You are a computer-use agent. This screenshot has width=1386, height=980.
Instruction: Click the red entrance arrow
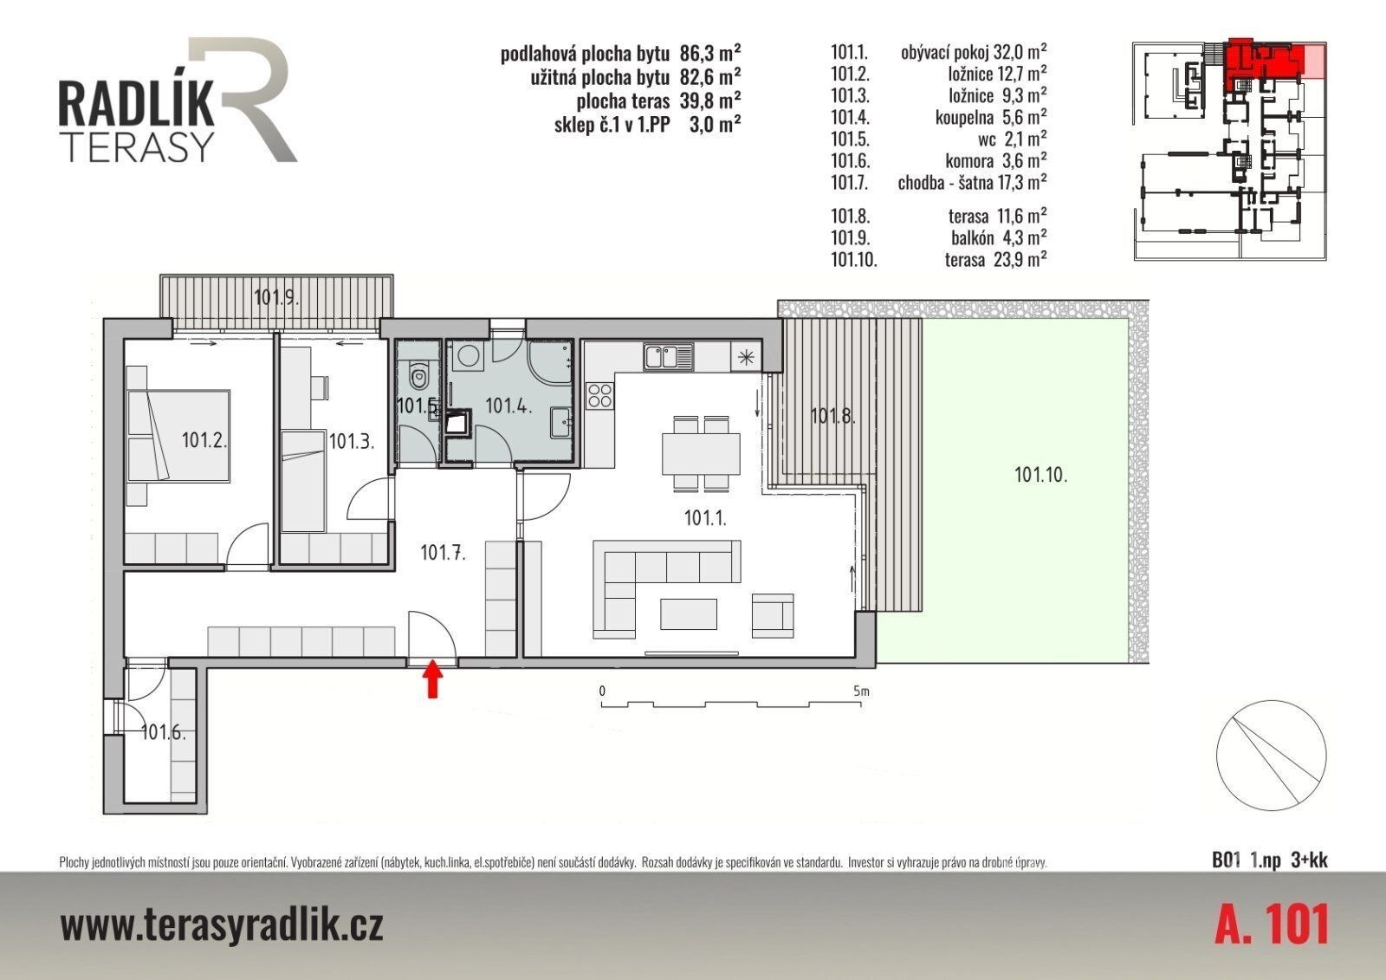click(433, 679)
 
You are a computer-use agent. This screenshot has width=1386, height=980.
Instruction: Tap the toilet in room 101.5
click(419, 374)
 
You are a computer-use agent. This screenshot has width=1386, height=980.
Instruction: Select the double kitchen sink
click(668, 357)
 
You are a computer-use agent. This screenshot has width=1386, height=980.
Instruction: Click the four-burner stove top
click(599, 396)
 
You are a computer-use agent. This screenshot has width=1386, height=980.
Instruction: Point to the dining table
click(701, 454)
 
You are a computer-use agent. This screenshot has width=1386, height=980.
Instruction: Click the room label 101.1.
click(705, 517)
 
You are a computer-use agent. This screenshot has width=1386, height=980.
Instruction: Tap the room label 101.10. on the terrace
click(1041, 475)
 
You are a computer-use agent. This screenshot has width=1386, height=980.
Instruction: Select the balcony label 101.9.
click(276, 298)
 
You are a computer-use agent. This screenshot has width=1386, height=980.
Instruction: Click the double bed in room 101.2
click(178, 436)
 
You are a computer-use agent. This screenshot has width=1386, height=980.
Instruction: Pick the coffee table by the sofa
click(689, 613)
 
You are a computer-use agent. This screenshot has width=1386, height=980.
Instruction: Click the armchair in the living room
click(773, 615)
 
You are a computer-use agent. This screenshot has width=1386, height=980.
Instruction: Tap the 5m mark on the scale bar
click(861, 691)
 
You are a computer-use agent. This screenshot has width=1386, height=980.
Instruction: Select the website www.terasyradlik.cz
click(222, 925)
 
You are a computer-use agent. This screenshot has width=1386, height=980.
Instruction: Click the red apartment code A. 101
click(1272, 924)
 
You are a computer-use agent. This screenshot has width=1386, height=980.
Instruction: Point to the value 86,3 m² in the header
click(710, 53)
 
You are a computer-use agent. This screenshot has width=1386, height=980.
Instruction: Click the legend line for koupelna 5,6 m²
click(939, 117)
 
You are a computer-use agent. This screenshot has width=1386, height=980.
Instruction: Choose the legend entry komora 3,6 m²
click(939, 161)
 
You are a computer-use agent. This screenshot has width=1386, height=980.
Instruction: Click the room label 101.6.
click(164, 732)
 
